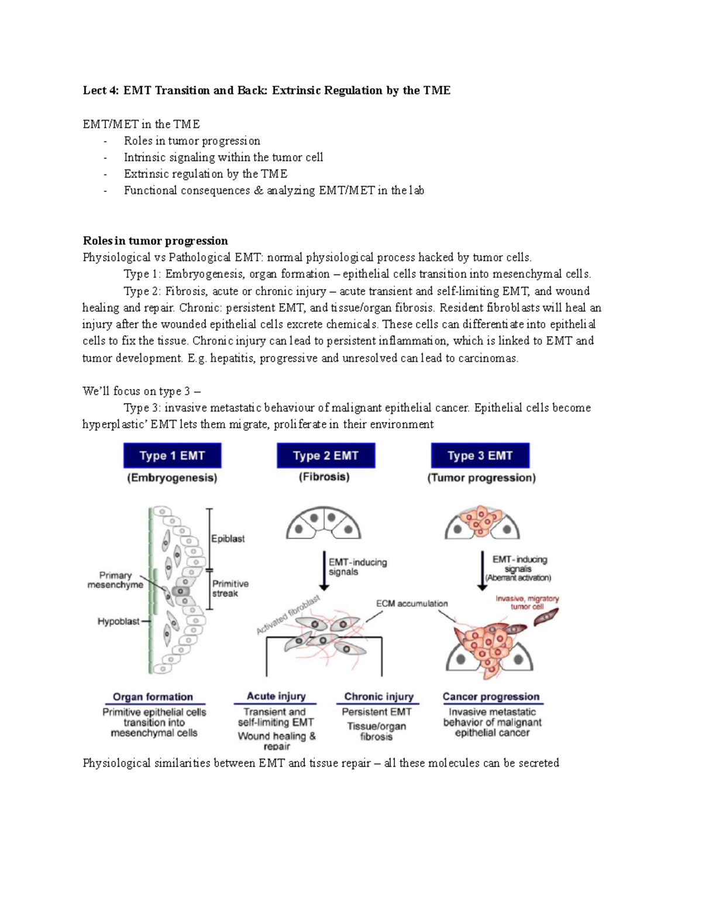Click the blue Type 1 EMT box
point(172,455)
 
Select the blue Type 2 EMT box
point(326,455)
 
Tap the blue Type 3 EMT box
point(480,455)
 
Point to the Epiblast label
point(228,538)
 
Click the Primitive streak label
point(230,588)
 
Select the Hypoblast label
point(118,622)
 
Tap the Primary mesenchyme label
point(115,580)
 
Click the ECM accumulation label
point(412,603)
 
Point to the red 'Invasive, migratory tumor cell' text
point(527,602)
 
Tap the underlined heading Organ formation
point(153,697)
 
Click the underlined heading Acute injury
point(276,696)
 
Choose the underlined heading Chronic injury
point(378,697)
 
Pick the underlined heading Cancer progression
point(491,697)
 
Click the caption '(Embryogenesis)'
point(172,478)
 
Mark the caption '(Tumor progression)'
point(481,478)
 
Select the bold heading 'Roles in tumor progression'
point(155,241)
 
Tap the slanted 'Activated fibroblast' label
point(288,615)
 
